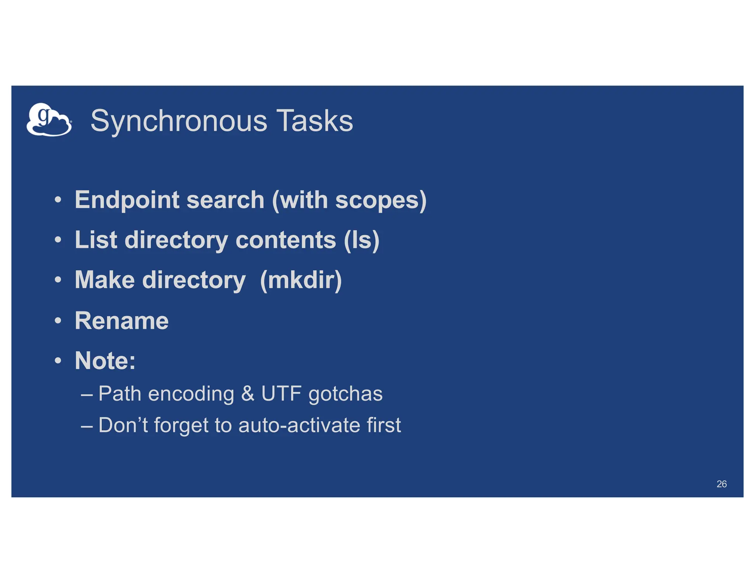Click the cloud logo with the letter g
pos(49,120)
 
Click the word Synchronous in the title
pos(179,121)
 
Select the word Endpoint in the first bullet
pos(128,200)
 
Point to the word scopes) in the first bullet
pos(380,200)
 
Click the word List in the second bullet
pos(96,240)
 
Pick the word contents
pos(285,240)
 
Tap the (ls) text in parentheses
pos(361,240)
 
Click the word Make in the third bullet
pos(105,280)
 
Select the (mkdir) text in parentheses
pos(301,280)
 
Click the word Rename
pos(122,321)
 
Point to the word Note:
pos(105,360)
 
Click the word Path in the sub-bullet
pos(120,394)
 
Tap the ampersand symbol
pos(248,394)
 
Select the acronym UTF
pos(281,394)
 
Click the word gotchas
pos(345,394)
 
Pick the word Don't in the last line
pos(123,425)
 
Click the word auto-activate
pos(299,425)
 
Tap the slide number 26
pos(721,484)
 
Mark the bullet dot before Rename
pos(58,321)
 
